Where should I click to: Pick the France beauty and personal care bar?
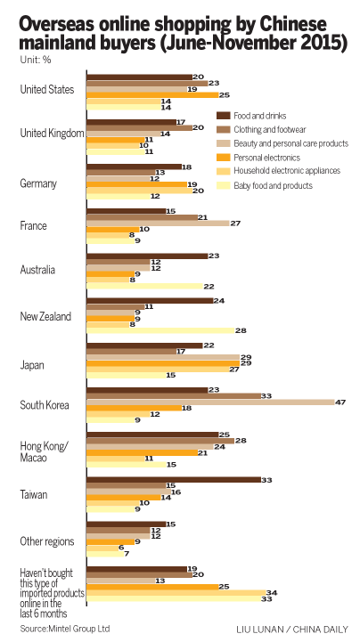pos(157,223)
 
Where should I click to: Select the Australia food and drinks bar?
pos(146,256)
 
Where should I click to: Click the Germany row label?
pos(38,183)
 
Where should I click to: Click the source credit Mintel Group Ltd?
pos(60,627)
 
